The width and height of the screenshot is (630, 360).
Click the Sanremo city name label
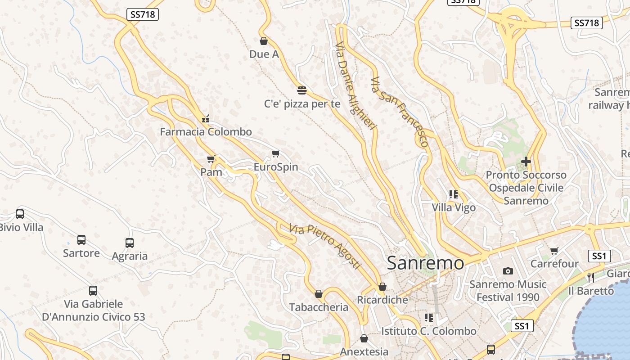tap(425, 263)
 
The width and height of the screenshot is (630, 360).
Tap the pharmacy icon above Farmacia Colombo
tap(206, 119)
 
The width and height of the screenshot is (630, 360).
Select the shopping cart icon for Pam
tap(211, 159)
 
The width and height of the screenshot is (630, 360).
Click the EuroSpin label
tap(276, 167)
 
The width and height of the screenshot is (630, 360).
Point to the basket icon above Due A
tap(264, 41)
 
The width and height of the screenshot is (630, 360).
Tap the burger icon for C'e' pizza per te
tap(302, 90)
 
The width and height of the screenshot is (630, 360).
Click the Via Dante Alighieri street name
tap(355, 85)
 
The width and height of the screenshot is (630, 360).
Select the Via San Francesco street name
tap(399, 112)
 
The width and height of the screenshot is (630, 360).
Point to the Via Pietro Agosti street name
tap(325, 247)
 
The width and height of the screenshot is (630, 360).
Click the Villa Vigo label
tap(454, 208)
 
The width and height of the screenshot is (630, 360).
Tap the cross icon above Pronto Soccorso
tap(526, 161)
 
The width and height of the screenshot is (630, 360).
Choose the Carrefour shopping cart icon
tap(554, 251)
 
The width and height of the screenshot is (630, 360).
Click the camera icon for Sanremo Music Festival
tap(508, 271)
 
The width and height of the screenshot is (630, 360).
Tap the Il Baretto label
tap(591, 291)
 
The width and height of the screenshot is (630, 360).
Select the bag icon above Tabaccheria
tap(319, 294)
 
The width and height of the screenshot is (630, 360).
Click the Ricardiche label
tap(382, 300)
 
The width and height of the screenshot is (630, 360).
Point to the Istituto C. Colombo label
tap(428, 331)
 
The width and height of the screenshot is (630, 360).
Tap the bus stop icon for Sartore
tap(81, 240)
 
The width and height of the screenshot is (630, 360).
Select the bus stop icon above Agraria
tap(130, 243)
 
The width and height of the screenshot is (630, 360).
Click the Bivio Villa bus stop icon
tap(20, 214)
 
